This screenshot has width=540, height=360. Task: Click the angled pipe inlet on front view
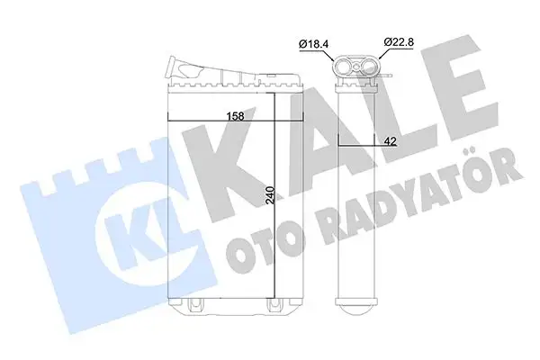click(193, 68)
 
